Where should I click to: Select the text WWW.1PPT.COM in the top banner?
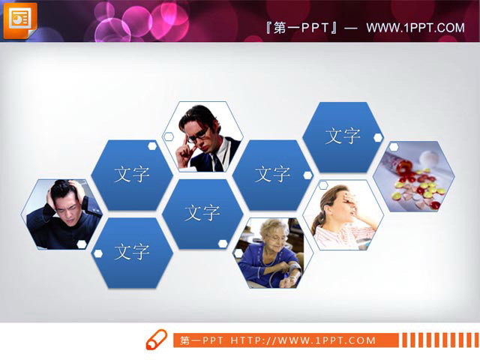[x=415, y=28]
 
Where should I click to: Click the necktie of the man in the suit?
[x=215, y=160]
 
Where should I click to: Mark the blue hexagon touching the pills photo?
[x=342, y=136]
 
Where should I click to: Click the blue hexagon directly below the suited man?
[x=202, y=213]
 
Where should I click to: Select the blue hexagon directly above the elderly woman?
[x=271, y=175]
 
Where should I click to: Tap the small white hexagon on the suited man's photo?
[x=169, y=136]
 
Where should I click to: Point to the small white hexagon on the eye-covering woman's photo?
[x=323, y=184]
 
